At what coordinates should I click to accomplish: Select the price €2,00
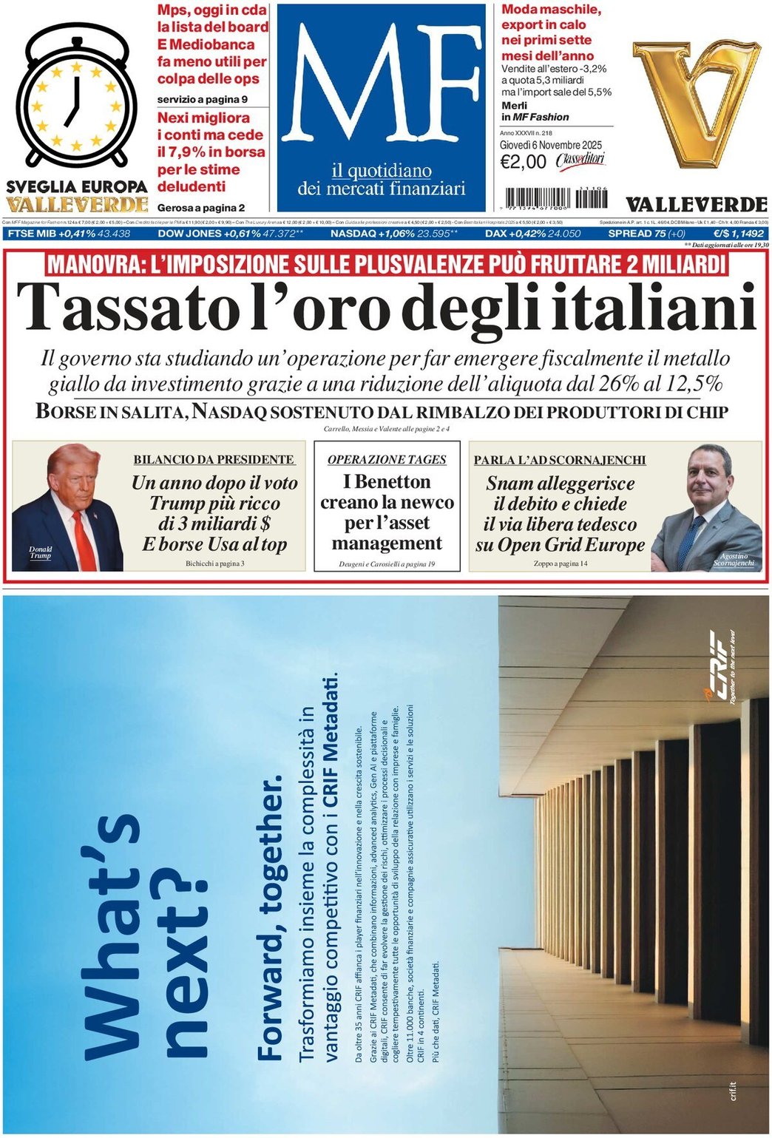click(523, 162)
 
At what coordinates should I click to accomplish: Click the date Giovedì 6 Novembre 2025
click(550, 145)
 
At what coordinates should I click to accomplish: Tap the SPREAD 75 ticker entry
click(646, 234)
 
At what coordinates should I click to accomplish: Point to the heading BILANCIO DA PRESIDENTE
click(214, 459)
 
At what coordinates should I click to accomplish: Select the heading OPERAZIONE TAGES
click(387, 459)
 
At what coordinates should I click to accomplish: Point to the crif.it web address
click(733, 1091)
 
